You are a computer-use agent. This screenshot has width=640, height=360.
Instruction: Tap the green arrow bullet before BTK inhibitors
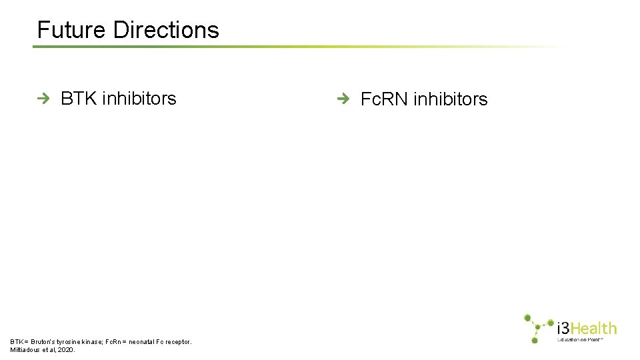pos(44,99)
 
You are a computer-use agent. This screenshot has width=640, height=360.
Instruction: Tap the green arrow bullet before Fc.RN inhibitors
pos(343,99)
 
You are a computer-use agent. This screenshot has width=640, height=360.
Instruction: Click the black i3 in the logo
pos(564,328)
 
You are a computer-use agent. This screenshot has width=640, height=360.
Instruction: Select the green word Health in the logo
pos(595,328)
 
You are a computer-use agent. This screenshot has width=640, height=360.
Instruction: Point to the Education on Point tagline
pos(580,339)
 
